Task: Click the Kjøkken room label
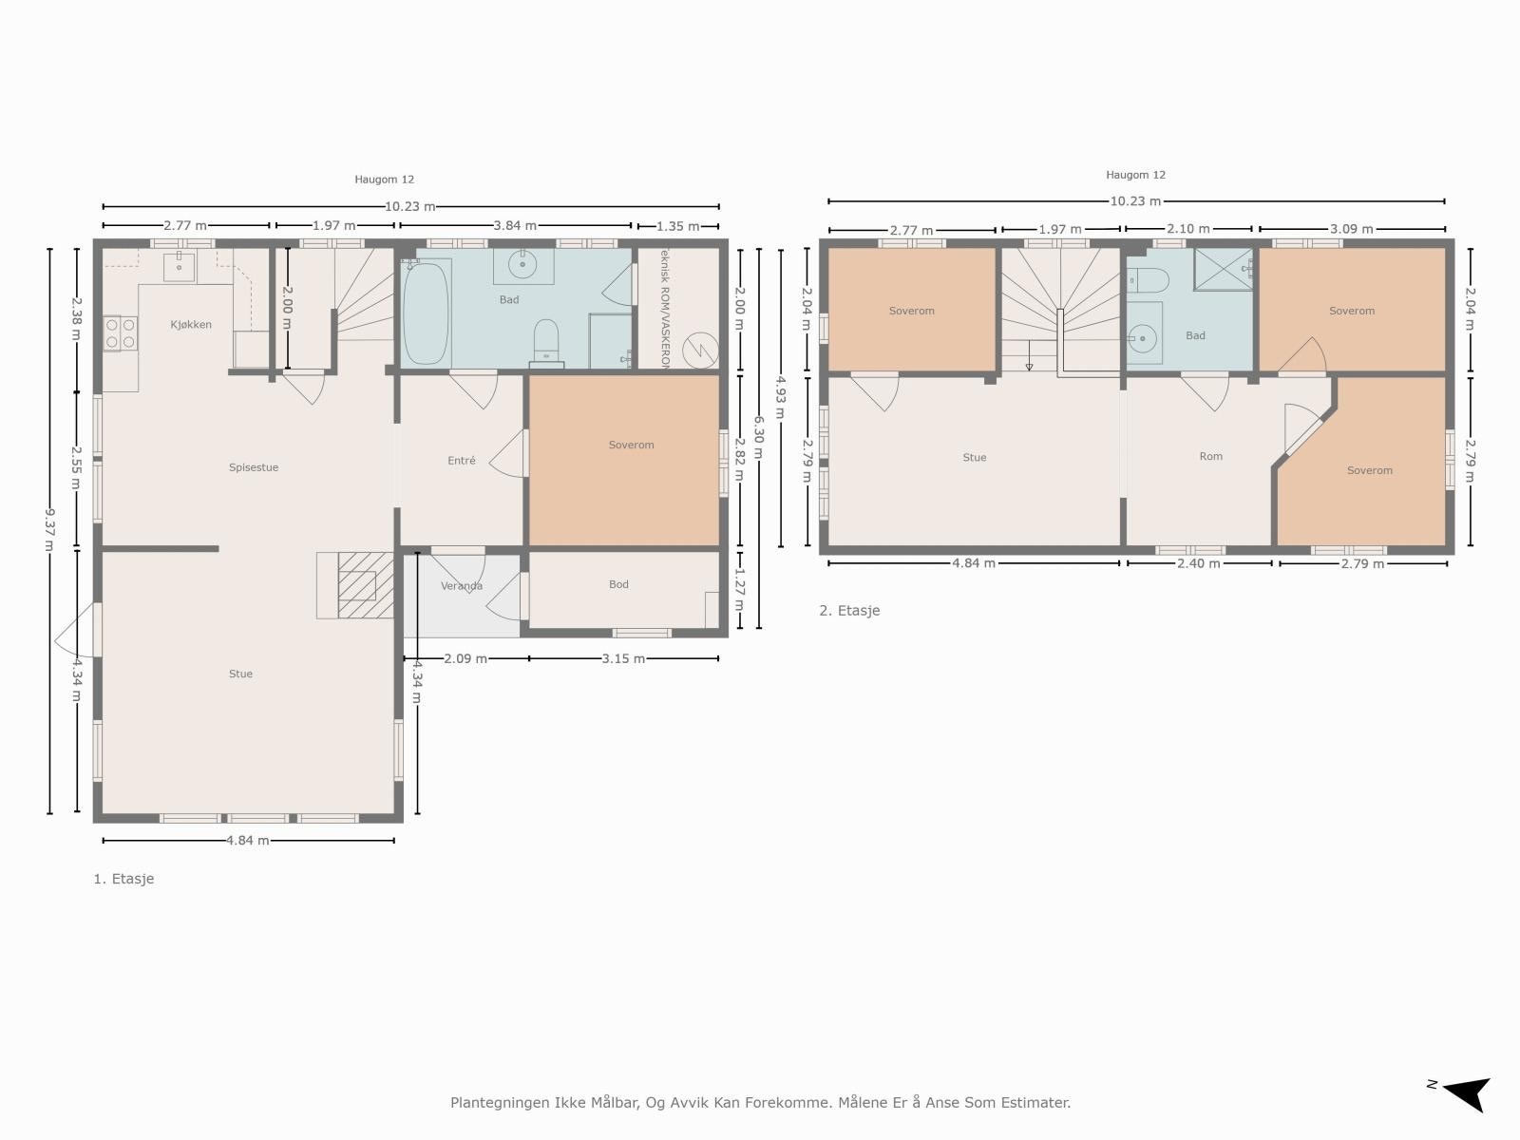pos(191,325)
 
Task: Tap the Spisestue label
pos(254,467)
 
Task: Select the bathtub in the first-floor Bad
pos(425,313)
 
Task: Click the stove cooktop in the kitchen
pos(120,333)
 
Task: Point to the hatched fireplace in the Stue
pos(366,585)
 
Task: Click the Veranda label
pos(462,586)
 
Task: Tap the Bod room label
pos(618,584)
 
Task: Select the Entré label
pos(462,461)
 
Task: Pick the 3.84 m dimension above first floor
pos(515,225)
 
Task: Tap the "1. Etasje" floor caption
pos(123,879)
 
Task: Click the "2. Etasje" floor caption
pos(849,611)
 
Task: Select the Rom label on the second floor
pos(1210,457)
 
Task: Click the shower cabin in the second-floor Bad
pos(1224,269)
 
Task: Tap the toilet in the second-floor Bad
pos(1147,279)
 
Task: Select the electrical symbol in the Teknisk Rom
pos(700,349)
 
